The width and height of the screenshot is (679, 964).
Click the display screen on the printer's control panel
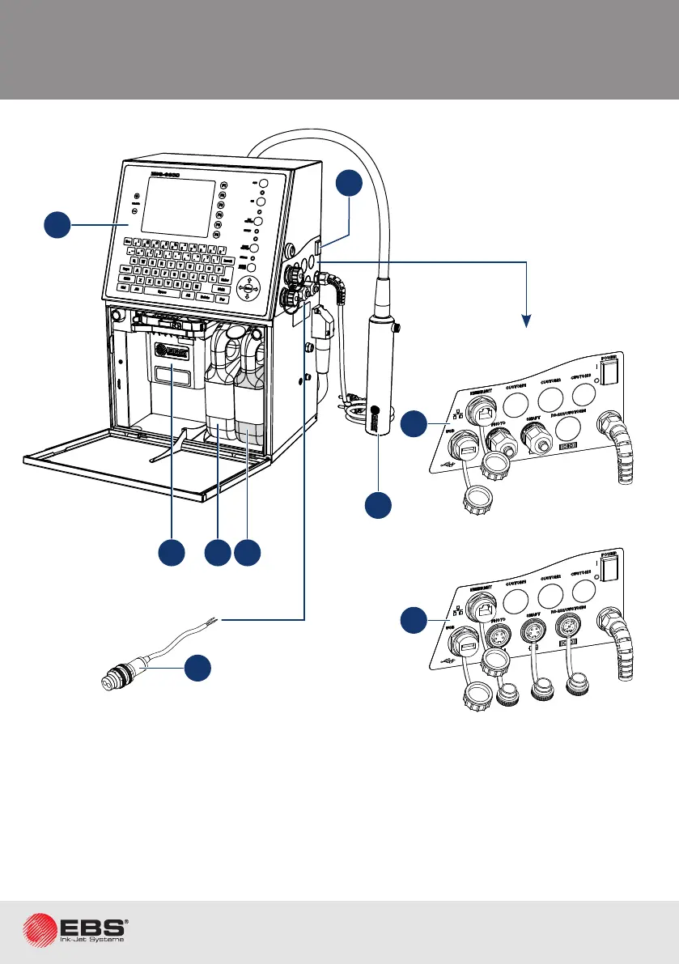point(178,206)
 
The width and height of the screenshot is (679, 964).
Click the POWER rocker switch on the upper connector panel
point(610,368)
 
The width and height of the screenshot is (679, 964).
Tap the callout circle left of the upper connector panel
point(415,423)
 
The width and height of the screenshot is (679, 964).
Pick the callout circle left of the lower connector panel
point(415,622)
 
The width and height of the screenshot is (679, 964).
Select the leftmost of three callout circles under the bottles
point(172,553)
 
